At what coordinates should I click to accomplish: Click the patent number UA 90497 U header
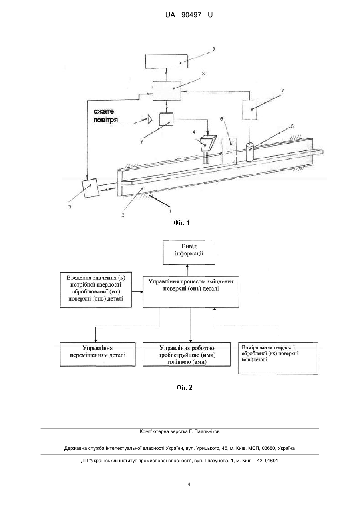[189, 15]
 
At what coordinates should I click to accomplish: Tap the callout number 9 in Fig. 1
[213, 49]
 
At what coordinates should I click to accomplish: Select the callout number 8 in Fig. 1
[203, 74]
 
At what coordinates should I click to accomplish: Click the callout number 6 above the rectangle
[221, 119]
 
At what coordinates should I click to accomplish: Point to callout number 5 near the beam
[292, 126]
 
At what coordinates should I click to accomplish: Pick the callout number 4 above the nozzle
[194, 132]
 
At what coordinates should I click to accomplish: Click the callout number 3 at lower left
[70, 207]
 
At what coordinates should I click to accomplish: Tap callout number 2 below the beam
[123, 215]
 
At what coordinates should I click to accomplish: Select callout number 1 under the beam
[170, 211]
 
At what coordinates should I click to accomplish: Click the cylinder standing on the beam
[250, 152]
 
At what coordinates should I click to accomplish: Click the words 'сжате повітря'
[105, 116]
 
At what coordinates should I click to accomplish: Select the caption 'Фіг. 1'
[181, 223]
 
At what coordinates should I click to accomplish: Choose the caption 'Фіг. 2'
[184, 388]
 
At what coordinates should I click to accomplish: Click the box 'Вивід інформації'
[189, 252]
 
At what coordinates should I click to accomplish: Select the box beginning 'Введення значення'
[96, 290]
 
